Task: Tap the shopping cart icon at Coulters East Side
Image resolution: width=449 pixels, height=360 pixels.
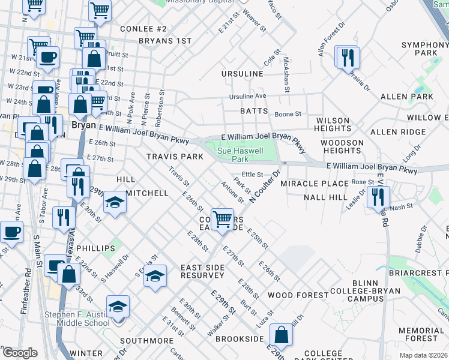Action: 223,218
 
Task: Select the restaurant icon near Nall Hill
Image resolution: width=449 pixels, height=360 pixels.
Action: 378,196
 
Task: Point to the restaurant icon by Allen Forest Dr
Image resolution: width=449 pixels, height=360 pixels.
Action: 348,58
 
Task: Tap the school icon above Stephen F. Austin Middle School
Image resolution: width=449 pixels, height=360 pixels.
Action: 118,307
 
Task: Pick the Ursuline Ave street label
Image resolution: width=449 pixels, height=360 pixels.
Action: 247,97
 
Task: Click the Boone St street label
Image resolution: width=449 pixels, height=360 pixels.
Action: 288,114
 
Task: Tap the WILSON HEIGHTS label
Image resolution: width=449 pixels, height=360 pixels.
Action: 332,125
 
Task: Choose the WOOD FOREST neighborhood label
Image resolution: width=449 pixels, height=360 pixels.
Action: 298,295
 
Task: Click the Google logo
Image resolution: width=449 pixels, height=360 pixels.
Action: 20,353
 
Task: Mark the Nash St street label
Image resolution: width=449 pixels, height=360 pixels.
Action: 402,206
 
